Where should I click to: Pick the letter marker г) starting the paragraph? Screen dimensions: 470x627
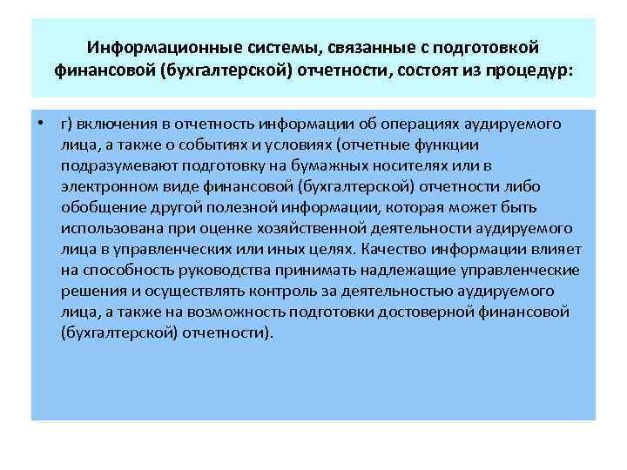pyautogui.click(x=66, y=124)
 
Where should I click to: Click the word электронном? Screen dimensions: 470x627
pyautogui.click(x=109, y=186)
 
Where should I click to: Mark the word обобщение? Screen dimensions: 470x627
pyautogui.click(x=98, y=208)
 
